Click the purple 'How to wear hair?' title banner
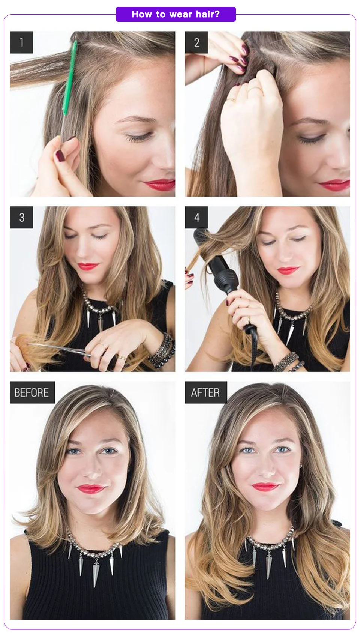[176, 14]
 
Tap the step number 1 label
[21, 42]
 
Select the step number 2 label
[196, 42]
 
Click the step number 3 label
[21, 217]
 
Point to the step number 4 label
[196, 217]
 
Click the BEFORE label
[32, 392]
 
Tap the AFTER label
[205, 392]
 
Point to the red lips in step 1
[159, 185]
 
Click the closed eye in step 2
[311, 138]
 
